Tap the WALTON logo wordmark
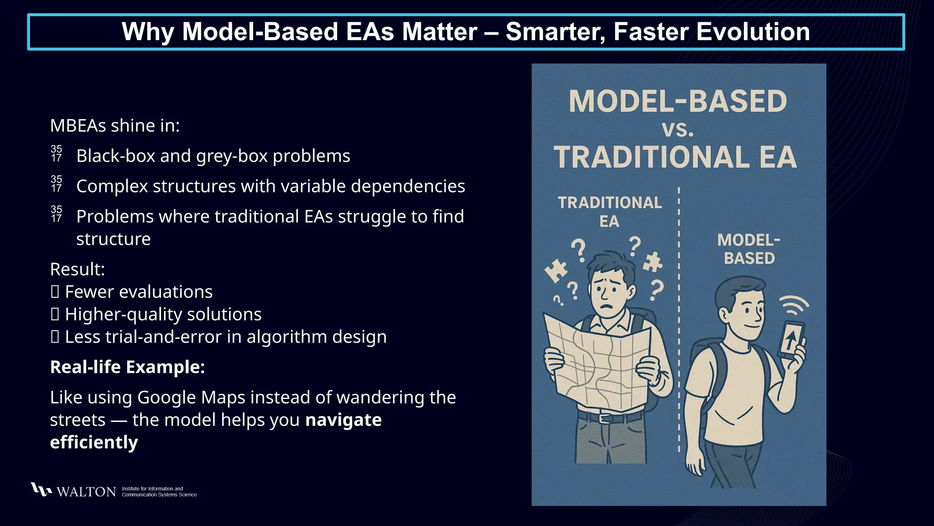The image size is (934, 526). [86, 492]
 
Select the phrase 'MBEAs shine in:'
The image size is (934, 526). [115, 126]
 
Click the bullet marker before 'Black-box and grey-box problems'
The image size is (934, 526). [57, 154]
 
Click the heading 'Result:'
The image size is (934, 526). [78, 269]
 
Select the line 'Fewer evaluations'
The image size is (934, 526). [138, 292]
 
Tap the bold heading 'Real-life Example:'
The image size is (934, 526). [127, 367]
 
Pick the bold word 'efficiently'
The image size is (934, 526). [94, 442]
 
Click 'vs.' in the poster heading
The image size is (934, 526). [678, 130]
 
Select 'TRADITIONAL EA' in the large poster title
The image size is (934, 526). [675, 158]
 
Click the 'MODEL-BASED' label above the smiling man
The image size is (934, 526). [749, 249]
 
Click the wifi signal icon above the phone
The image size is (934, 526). [794, 305]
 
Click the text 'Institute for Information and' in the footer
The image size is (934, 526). [152, 489]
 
